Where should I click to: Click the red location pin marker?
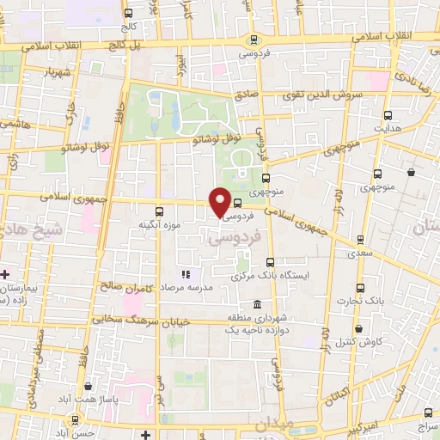click(220, 201)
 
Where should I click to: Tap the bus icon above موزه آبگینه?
click(158, 211)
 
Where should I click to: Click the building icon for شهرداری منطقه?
click(258, 305)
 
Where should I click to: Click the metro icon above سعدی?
click(359, 240)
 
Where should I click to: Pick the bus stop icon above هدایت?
click(388, 114)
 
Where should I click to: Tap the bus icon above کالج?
click(128, 13)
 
